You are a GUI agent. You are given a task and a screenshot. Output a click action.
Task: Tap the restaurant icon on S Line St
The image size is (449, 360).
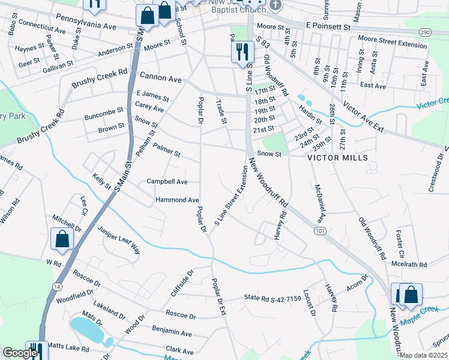tap(242, 51)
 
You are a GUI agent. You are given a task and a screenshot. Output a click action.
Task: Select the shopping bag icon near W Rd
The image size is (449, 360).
tap(62, 239)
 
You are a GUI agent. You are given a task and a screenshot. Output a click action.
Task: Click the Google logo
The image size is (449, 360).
tap(20, 353)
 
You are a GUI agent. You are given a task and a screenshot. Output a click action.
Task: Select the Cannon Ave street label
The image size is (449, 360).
tap(160, 77)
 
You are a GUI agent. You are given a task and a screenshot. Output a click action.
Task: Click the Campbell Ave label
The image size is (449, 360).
tap(167, 181)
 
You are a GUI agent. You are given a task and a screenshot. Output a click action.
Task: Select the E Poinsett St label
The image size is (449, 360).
tap(327, 27)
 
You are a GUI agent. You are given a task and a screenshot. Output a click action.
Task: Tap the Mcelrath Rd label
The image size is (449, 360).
tap(410, 264)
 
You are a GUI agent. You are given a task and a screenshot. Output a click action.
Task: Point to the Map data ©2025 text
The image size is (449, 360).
tap(423, 355)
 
